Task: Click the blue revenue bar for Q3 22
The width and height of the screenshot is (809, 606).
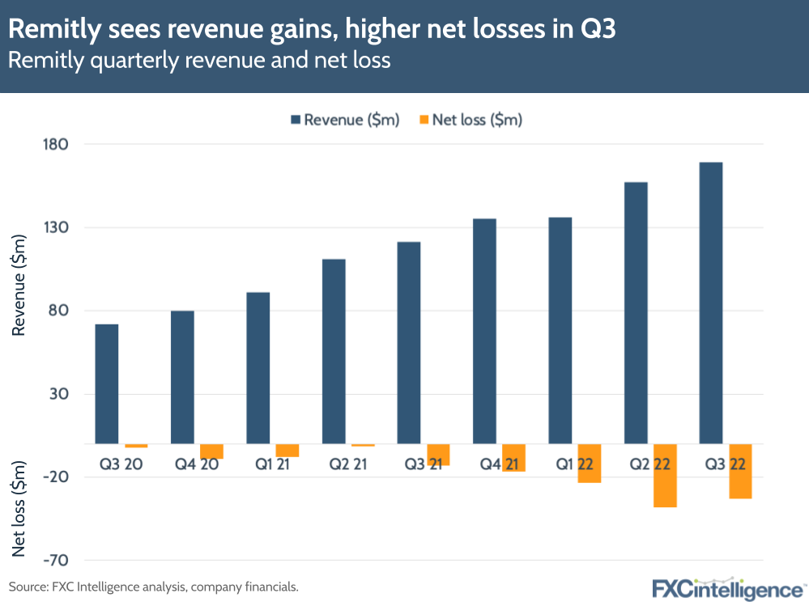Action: (710, 303)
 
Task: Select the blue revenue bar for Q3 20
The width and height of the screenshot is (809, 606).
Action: (106, 384)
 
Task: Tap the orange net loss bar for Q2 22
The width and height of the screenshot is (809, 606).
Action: (665, 476)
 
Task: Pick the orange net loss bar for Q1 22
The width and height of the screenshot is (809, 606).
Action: (590, 464)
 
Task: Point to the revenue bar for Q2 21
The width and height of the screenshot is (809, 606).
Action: (333, 351)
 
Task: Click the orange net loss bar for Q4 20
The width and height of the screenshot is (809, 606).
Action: (211, 451)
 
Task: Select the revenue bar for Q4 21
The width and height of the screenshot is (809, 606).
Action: (484, 331)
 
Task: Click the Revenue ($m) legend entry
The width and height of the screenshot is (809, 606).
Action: (344, 120)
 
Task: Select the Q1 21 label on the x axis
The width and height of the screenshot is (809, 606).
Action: (267, 464)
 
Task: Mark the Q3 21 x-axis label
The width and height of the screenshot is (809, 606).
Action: (418, 464)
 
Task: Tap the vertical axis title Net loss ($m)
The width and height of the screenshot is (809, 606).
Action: (19, 508)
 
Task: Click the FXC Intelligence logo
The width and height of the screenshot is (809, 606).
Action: (728, 588)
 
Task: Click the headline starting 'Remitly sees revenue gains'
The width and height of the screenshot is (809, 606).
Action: (312, 31)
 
